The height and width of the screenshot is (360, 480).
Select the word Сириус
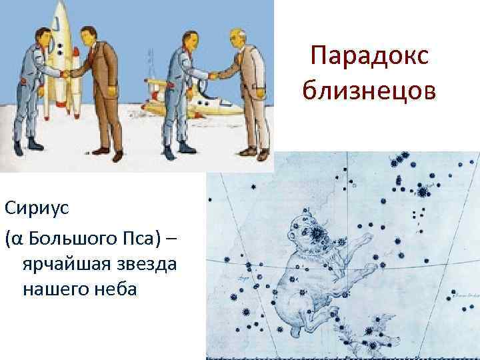pyautogui.click(x=33, y=209)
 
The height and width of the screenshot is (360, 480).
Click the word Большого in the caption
pyautogui.click(x=77, y=237)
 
